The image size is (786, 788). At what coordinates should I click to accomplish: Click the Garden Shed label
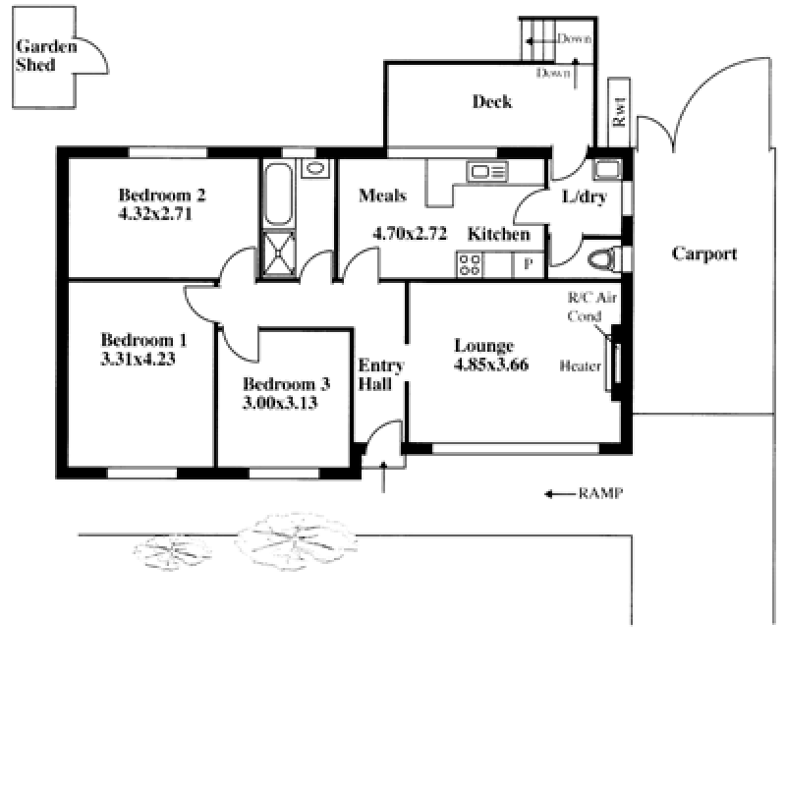[46, 55]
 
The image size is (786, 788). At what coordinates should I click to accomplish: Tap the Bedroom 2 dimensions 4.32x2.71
[155, 213]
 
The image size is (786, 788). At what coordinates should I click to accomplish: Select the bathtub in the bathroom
[278, 194]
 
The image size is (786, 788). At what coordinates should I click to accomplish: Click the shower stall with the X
[278, 253]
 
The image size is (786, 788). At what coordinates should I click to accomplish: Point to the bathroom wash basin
[315, 168]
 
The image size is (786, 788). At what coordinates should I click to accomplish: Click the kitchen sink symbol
[487, 172]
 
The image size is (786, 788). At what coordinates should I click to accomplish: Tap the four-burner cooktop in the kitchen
[470, 265]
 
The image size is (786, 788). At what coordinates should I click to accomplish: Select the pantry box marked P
[528, 264]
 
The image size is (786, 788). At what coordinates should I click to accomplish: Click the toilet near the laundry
[604, 259]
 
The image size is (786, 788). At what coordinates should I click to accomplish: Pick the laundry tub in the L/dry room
[607, 169]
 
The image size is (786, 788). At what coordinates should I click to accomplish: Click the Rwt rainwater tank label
[619, 112]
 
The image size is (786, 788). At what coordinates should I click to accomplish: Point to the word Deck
[492, 101]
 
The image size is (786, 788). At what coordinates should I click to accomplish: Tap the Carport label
[704, 253]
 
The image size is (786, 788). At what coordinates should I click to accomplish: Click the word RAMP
[600, 493]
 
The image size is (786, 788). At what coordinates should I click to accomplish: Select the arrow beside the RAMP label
[560, 494]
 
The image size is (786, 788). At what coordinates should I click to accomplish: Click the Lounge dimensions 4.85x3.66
[491, 365]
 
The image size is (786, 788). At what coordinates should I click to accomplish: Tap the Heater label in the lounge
[581, 366]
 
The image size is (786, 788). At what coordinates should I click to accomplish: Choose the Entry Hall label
[380, 374]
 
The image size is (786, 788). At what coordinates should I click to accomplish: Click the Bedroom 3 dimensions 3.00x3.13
[280, 403]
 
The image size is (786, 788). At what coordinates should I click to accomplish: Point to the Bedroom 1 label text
[143, 340]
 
